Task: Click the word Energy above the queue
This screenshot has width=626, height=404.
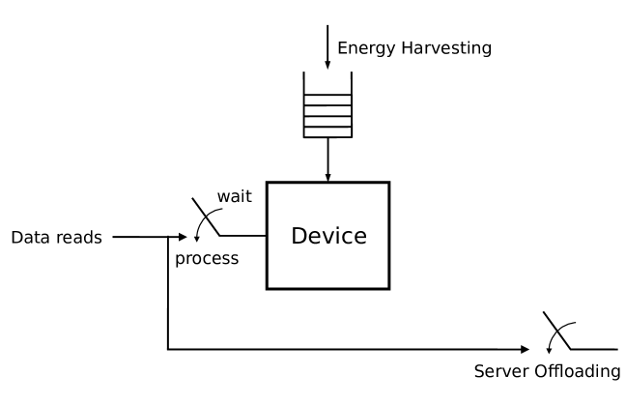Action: (x=364, y=46)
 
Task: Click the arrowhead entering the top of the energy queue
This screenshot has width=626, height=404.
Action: (x=327, y=63)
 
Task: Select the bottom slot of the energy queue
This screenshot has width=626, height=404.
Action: (x=327, y=132)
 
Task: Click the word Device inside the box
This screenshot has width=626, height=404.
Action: (x=327, y=236)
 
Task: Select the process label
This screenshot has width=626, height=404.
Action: (x=206, y=260)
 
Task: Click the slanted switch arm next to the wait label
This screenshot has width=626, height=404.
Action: (x=205, y=217)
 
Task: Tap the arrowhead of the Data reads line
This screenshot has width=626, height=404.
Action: (x=184, y=236)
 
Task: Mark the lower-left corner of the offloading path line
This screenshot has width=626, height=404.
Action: (x=168, y=348)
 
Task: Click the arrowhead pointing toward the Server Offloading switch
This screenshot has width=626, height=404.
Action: (x=526, y=348)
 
